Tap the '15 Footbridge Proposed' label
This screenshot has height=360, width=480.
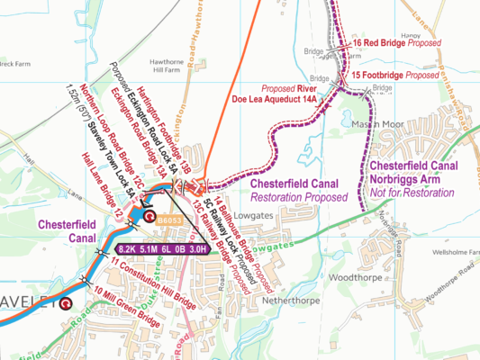(x=394, y=76)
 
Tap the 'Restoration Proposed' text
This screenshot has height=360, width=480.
(x=298, y=197)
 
